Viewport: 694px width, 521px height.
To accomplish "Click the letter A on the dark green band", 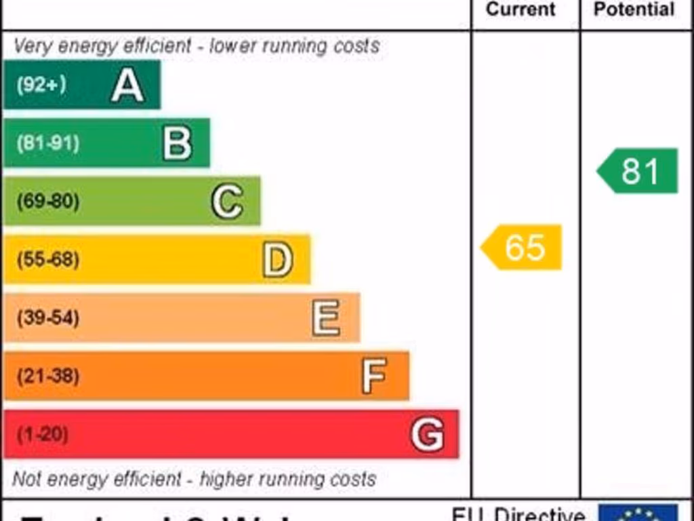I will tap(127, 85).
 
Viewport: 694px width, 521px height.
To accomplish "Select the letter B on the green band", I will tap(178, 144).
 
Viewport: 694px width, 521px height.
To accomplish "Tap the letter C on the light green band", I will tap(227, 201).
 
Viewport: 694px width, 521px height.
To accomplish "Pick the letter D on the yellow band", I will tap(278, 260).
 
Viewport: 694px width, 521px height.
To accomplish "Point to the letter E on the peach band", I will tap(326, 318).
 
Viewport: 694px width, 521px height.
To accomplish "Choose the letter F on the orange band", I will tap(374, 376).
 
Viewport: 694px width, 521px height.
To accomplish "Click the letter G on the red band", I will tap(428, 434).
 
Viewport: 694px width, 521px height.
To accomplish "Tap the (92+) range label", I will tap(41, 85).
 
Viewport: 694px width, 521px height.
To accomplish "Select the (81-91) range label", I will tap(47, 144).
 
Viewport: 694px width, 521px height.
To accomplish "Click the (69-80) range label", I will tap(47, 201).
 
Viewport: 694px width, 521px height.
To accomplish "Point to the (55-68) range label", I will tap(47, 260).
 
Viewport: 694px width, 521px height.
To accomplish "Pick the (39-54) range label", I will tap(47, 318).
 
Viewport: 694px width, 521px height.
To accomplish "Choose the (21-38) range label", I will tap(47, 376).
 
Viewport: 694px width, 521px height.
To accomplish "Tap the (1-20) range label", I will tap(42, 434).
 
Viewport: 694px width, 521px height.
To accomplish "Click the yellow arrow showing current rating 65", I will tap(522, 247).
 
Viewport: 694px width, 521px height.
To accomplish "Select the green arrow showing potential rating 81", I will tap(638, 171).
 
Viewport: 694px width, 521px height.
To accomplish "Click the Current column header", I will tap(520, 9).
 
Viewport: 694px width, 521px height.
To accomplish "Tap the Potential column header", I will tap(634, 9).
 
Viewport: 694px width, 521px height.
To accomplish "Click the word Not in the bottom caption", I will tap(27, 479).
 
